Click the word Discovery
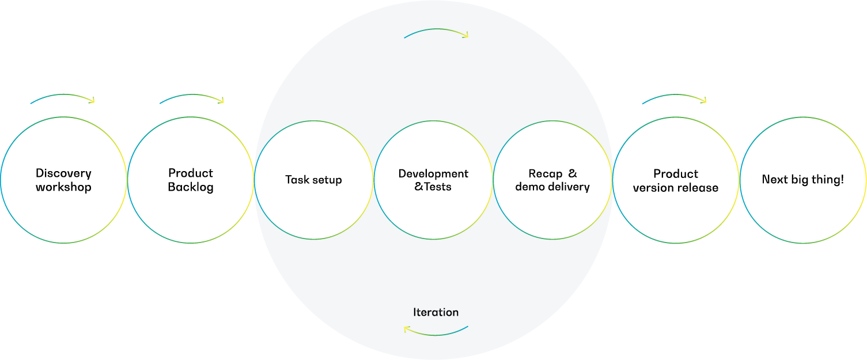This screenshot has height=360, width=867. click(63, 173)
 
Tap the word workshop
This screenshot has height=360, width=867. click(63, 187)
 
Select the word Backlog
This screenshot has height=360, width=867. click(191, 187)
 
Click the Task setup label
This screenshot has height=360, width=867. click(313, 180)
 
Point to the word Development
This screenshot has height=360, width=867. click(433, 173)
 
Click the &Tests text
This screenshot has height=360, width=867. click(433, 187)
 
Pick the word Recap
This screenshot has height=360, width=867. click(546, 173)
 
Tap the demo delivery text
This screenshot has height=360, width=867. click(552, 187)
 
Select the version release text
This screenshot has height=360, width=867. click(676, 188)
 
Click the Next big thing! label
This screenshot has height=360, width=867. click(802, 180)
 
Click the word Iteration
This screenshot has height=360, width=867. click(436, 312)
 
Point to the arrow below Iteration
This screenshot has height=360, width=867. click(436, 331)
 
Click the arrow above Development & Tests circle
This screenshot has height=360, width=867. click(436, 32)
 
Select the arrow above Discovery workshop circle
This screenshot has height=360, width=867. click(62, 98)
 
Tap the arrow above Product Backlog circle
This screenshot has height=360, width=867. click(191, 98)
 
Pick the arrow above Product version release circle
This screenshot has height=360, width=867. click(673, 98)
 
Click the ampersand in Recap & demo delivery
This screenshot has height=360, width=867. click(573, 173)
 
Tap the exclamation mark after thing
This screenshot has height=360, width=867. click(842, 179)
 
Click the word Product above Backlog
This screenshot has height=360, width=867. click(191, 173)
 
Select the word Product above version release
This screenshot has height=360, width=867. click(676, 174)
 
